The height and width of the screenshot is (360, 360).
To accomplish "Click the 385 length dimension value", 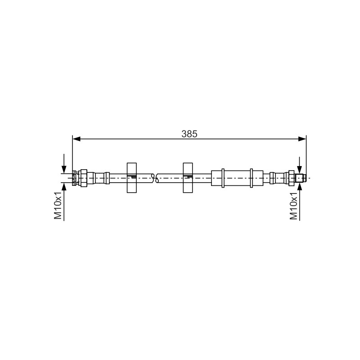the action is (x=189, y=134).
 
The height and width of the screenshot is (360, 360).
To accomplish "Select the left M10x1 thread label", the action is (x=58, y=205).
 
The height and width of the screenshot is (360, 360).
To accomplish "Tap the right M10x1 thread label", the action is (x=293, y=206).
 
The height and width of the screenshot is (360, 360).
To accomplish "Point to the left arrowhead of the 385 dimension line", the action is (x=76, y=139).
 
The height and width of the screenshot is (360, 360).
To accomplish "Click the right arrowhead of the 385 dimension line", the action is (x=302, y=139).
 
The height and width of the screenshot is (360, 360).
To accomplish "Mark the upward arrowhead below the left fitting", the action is (x=64, y=187).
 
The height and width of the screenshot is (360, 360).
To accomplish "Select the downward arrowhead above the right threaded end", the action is (x=299, y=170).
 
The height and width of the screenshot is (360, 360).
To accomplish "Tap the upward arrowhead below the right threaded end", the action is (x=299, y=187).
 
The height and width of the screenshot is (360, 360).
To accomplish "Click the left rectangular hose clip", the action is (x=131, y=178).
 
